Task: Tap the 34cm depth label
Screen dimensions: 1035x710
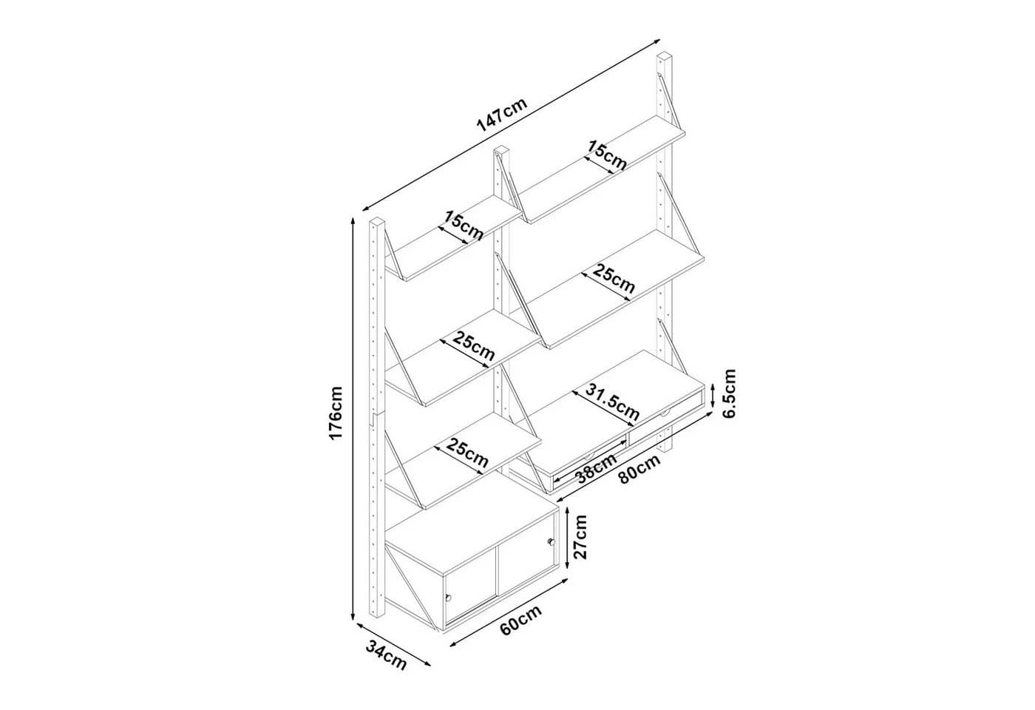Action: (x=386, y=655)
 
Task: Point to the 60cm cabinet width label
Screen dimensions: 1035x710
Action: (x=520, y=620)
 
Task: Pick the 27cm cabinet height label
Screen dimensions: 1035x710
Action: (x=579, y=537)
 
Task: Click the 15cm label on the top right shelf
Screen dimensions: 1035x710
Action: (x=607, y=155)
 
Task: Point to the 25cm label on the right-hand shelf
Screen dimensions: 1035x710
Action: (x=614, y=278)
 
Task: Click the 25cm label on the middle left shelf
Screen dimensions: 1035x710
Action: (x=474, y=346)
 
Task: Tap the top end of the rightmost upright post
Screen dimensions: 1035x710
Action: (x=665, y=56)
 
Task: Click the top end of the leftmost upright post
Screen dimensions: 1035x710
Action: (x=377, y=221)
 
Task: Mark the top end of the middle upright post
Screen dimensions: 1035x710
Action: (x=501, y=151)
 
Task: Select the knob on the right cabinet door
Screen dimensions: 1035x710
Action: (x=550, y=541)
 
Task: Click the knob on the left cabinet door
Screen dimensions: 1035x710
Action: (x=448, y=598)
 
